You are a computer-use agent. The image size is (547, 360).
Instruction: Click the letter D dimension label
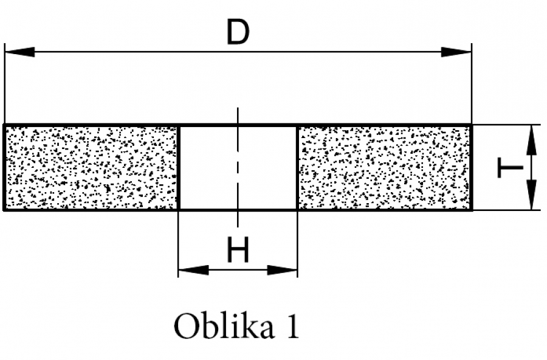238,33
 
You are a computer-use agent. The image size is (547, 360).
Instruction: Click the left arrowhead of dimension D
19,52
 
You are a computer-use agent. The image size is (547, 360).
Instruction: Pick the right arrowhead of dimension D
456,52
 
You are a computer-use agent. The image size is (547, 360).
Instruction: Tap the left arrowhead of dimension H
193,270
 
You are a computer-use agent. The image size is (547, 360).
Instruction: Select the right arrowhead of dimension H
283,270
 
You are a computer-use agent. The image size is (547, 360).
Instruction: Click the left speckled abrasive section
91,167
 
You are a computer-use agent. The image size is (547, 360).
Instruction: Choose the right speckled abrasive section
384,167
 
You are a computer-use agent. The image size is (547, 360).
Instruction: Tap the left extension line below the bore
178,243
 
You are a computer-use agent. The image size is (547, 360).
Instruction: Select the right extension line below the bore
297,243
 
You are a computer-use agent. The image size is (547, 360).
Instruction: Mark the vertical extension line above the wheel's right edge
472,85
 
